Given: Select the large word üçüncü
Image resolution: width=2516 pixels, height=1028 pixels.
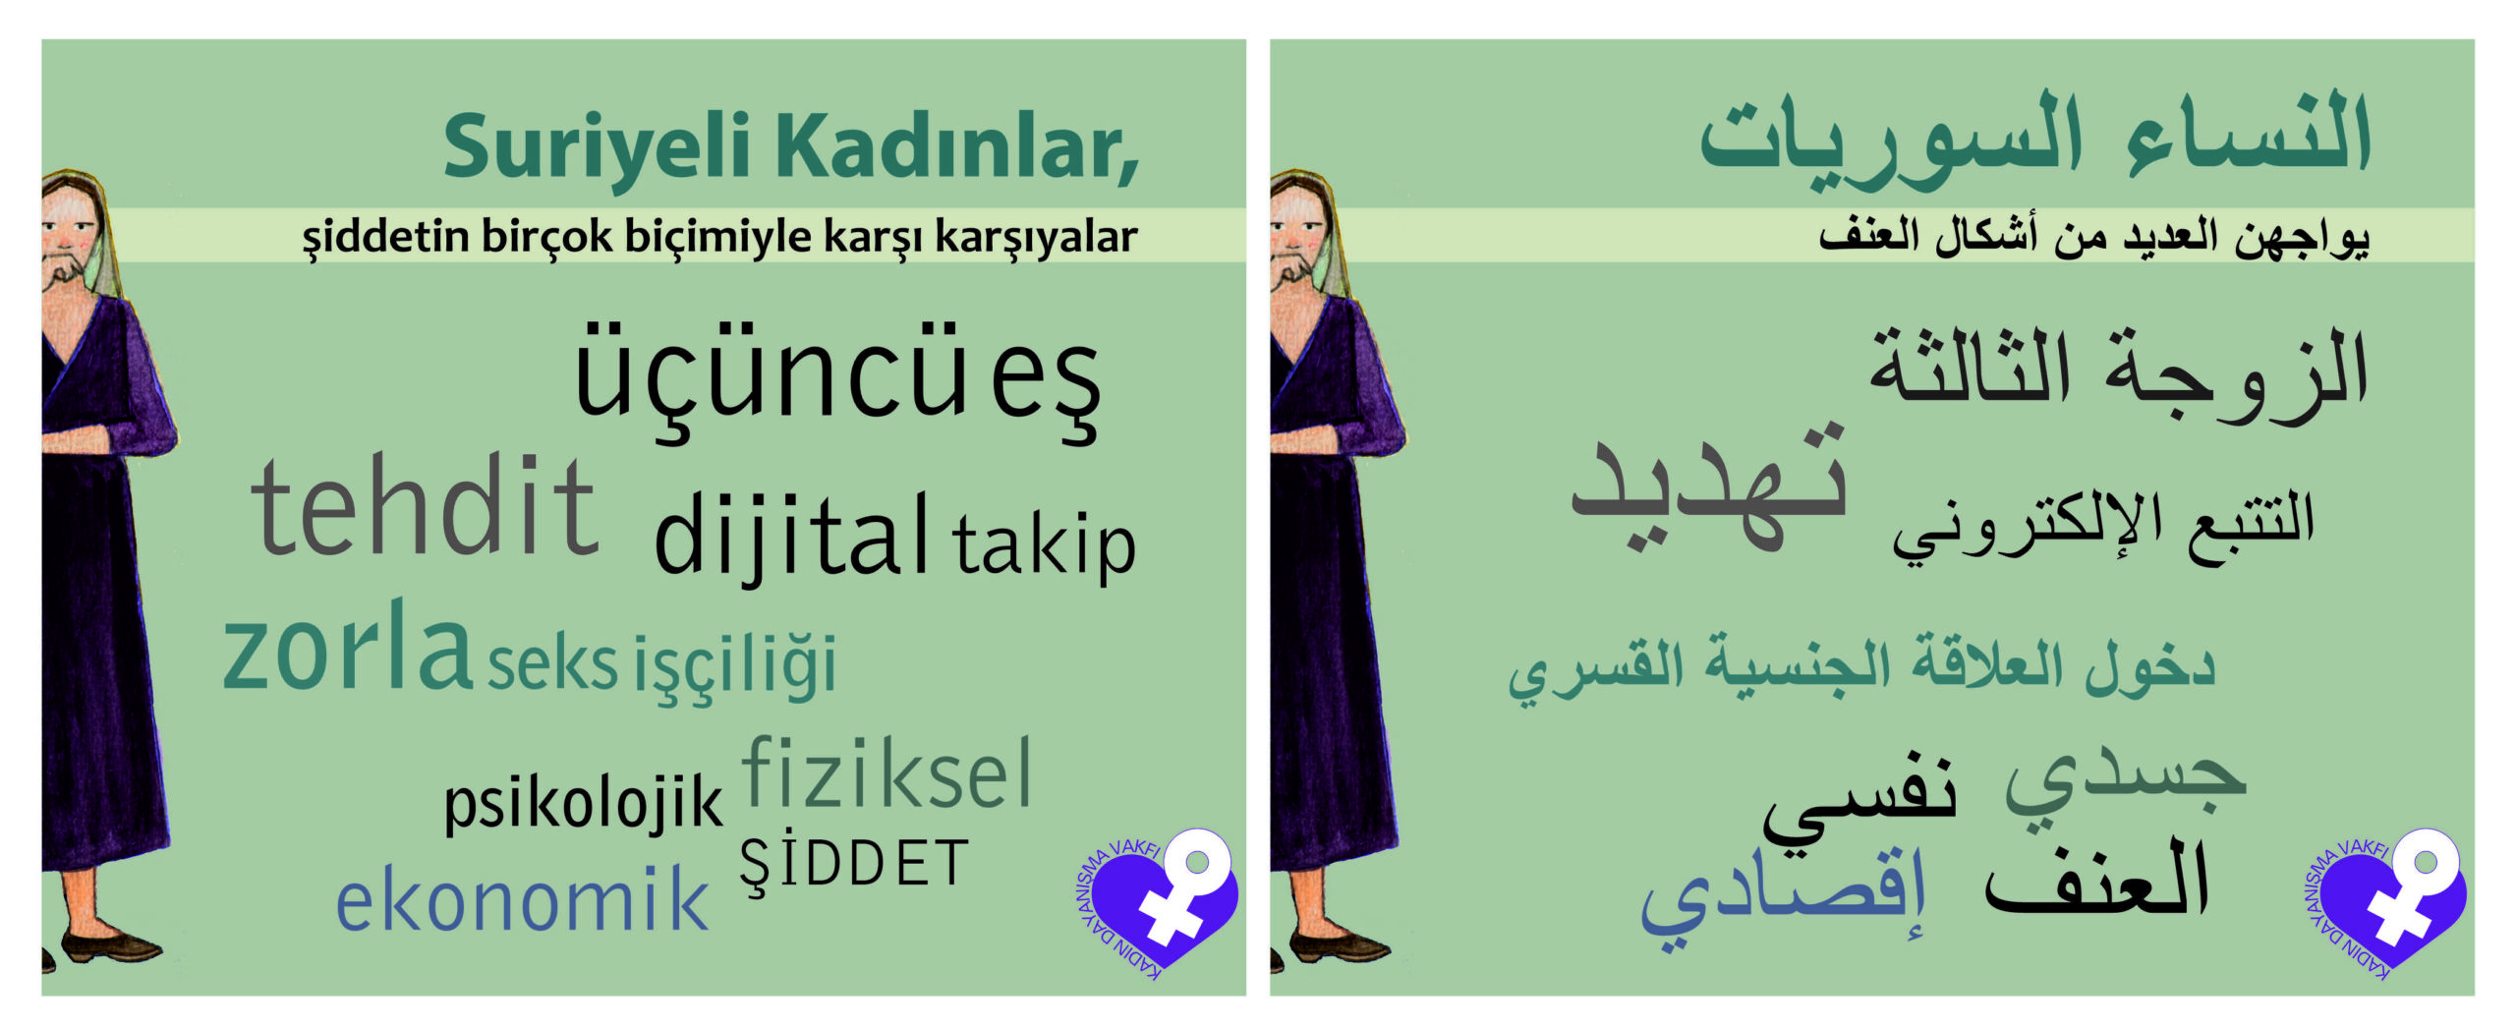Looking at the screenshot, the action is point(771,377).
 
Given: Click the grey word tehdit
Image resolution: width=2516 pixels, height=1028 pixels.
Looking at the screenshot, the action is point(425,505).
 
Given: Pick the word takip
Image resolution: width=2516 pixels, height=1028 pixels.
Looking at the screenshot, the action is point(1043,546).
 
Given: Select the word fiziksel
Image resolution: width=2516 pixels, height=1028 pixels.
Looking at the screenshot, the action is point(886,774).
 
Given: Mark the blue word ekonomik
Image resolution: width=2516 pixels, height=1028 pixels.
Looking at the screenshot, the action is point(522,897).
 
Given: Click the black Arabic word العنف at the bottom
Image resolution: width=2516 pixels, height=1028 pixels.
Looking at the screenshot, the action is point(2097,881).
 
